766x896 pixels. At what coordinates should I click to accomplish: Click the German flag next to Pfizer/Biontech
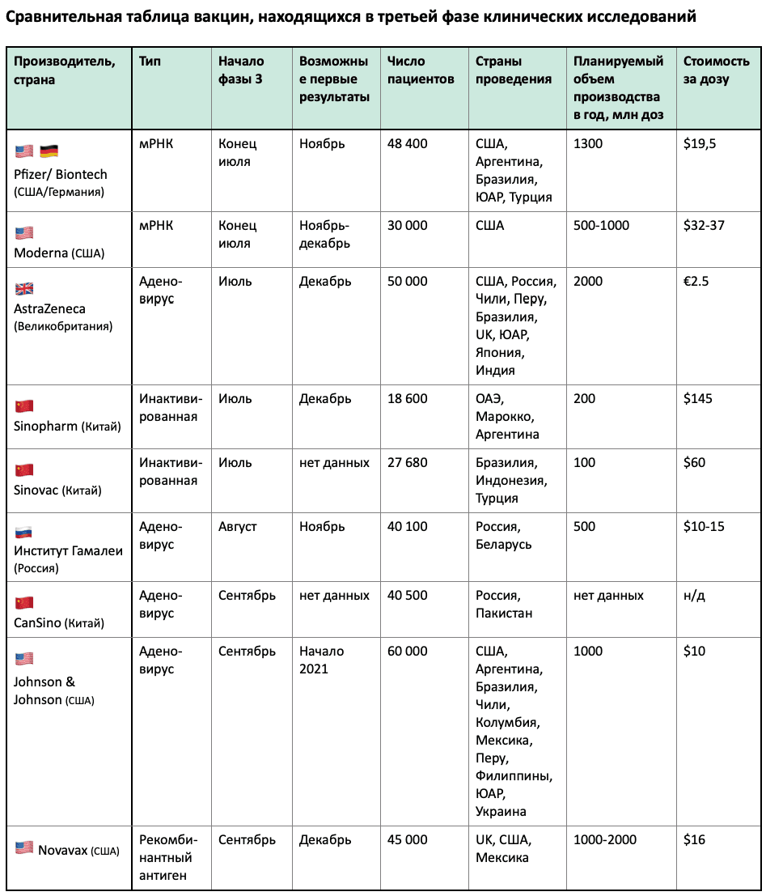pos(49,151)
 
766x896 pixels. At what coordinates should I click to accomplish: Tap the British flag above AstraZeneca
pos(24,289)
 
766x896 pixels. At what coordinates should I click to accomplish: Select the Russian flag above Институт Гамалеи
pos(24,533)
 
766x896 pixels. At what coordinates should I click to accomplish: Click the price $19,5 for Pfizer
pos(700,144)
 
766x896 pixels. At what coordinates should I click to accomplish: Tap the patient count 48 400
pos(407,144)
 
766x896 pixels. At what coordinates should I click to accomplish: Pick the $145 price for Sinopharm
pos(698,399)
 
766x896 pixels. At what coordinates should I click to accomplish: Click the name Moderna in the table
pos(40,253)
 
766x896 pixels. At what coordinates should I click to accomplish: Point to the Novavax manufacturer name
pos(62,849)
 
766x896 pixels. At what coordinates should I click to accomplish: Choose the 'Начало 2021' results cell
pos(321,660)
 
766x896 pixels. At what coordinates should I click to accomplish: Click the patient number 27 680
pos(407,463)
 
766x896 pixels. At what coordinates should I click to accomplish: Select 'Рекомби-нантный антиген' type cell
pos(168,858)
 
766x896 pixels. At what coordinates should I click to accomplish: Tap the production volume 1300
pos(587,144)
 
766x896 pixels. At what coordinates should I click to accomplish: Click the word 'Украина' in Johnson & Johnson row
pos(501,811)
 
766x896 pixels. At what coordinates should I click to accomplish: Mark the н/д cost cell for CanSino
pos(694,596)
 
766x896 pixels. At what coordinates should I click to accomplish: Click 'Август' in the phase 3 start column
pos(237,527)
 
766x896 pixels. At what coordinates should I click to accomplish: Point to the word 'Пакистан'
pos(504,614)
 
